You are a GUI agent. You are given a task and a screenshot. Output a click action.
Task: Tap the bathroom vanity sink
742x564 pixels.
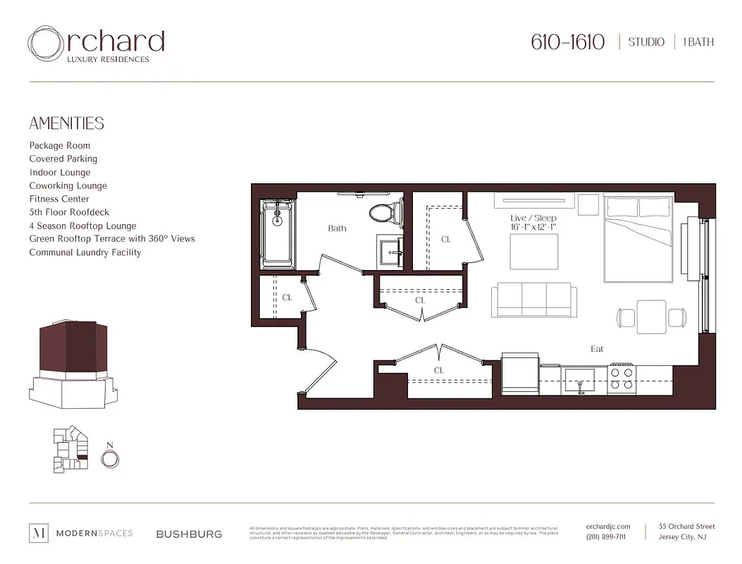pos(389,251)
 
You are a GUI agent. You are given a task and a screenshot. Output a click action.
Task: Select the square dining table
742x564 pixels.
pos(651,317)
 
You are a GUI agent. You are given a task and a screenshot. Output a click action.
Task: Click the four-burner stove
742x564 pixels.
pos(622,377)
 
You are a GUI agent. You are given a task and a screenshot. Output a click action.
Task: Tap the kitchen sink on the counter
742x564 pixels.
pos(580,381)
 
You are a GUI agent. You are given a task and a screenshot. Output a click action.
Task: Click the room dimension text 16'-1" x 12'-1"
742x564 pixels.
pos(533,227)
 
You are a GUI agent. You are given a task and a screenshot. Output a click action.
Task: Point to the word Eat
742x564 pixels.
pos(597,349)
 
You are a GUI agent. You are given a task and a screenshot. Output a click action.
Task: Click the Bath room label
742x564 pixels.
pos(337,228)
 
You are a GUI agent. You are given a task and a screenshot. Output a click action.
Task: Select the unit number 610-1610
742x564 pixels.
pos(567,42)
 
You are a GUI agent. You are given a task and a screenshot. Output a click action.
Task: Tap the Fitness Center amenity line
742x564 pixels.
pos(59,199)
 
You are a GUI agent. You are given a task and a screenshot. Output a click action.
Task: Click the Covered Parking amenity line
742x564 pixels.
pos(63,159)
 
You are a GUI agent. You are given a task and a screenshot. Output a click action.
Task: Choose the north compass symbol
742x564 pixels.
pos(109,459)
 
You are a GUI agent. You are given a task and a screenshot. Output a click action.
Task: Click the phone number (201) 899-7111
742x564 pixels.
pos(605,537)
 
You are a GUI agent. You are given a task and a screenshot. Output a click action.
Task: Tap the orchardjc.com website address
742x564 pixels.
pos(607,526)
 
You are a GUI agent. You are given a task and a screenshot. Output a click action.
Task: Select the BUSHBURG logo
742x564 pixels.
pos(189,534)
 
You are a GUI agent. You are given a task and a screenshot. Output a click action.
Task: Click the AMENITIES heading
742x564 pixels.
pos(66,123)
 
